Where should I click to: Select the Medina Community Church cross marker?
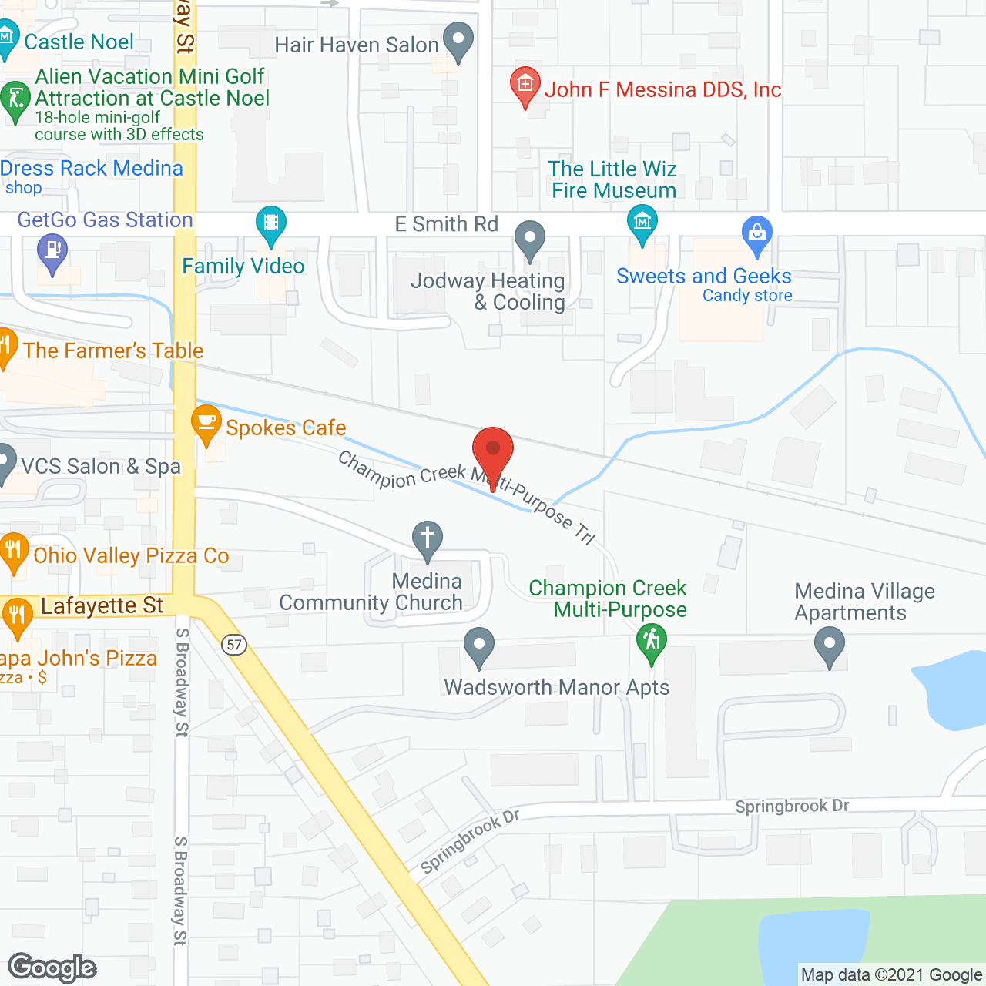[x=427, y=538]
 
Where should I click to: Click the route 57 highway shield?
[x=235, y=644]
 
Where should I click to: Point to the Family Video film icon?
[x=270, y=223]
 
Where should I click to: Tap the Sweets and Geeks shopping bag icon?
[x=756, y=233]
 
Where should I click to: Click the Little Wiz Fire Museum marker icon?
[x=642, y=223]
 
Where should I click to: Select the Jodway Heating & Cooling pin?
[x=529, y=238]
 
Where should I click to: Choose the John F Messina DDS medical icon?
[x=525, y=85]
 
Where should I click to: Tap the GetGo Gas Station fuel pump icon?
[x=52, y=252]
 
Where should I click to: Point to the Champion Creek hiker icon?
[x=651, y=641]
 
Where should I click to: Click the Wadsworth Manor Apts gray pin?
[x=478, y=645]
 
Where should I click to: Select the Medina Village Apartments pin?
[x=829, y=645]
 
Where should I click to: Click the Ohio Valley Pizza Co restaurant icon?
[x=13, y=550]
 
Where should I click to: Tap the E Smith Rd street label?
[x=446, y=224]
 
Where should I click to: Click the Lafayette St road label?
[x=102, y=606]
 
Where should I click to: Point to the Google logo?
[x=52, y=968]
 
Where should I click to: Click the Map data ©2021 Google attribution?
[x=891, y=974]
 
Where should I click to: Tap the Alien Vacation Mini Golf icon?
[x=15, y=99]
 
